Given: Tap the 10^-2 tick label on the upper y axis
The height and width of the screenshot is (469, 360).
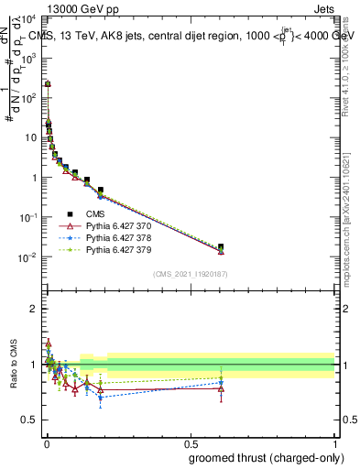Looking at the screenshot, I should [28, 257].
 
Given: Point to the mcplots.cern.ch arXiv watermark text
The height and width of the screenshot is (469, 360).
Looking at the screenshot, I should [352, 211].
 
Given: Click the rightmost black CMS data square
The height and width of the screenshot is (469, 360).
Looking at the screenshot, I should [220, 246].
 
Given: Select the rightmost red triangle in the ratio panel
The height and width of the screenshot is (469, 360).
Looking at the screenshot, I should [220, 388].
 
